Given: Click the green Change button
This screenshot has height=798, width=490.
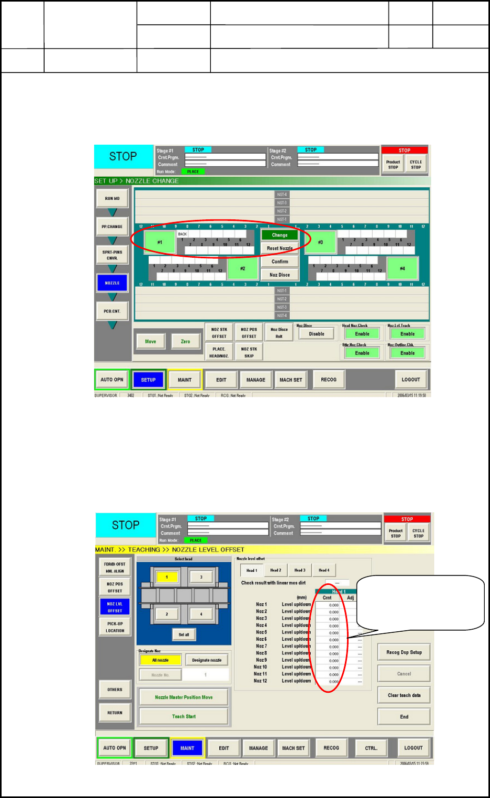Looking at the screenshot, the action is click(280, 235).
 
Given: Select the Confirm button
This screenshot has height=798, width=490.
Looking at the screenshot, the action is click(280, 261).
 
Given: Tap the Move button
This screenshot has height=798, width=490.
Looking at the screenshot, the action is click(150, 341).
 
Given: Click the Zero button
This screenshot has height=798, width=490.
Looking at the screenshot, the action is click(186, 341).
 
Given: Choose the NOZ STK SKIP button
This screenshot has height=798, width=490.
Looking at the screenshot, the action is click(249, 352).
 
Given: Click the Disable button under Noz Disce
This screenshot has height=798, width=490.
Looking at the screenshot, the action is click(317, 334).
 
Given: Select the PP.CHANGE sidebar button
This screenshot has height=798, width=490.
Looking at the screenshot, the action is click(112, 227).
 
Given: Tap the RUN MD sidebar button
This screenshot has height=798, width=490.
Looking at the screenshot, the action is click(112, 198).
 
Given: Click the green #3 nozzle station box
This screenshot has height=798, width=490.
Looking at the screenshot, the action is click(320, 242).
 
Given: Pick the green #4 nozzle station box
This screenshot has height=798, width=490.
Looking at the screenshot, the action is click(402, 268).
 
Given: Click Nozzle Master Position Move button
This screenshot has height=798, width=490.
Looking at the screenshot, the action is click(183, 697).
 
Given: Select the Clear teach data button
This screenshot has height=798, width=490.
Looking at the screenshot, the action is click(404, 695).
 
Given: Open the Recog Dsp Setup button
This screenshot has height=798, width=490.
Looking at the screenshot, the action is click(404, 652).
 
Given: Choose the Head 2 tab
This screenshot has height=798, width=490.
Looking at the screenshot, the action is click(275, 570).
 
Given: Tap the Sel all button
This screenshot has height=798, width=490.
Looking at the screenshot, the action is click(183, 634).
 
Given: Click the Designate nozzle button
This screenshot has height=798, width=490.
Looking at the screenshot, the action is click(207, 660).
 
